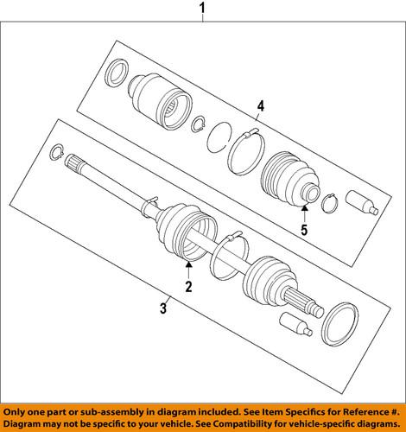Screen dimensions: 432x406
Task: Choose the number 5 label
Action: tap(303, 230)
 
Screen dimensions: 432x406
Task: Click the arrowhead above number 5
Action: tap(303, 210)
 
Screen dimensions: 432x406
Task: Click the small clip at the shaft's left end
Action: tap(56, 152)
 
